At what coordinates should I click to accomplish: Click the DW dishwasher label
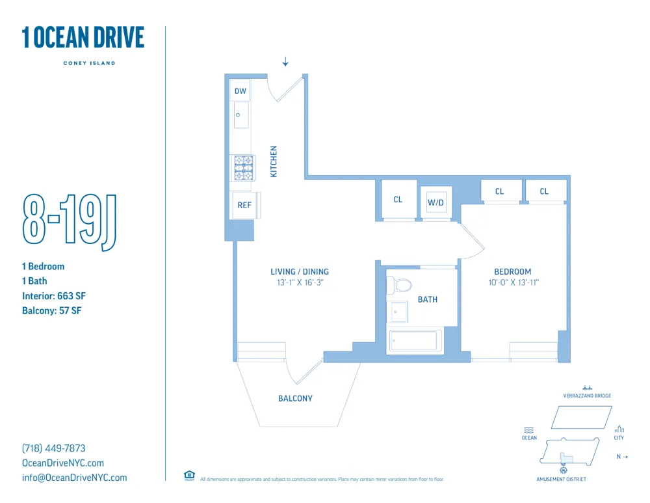click(x=240, y=91)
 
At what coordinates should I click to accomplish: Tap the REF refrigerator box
click(x=244, y=205)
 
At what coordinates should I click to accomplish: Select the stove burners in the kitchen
click(x=243, y=168)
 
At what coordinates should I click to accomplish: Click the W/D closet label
click(x=435, y=203)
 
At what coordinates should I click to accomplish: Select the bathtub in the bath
click(x=415, y=341)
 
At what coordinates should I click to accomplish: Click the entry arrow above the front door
click(x=285, y=62)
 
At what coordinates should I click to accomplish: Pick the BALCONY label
click(x=295, y=398)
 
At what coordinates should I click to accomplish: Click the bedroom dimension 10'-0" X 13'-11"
click(x=513, y=282)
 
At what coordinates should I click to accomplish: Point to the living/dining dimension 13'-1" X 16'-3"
click(x=300, y=282)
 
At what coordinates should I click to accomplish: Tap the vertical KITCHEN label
click(x=274, y=162)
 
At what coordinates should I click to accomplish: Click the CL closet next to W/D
click(x=398, y=200)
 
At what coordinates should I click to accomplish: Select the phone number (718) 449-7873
click(x=54, y=448)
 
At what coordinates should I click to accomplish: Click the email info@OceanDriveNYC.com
click(x=75, y=478)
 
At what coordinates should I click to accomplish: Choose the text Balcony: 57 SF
click(x=52, y=310)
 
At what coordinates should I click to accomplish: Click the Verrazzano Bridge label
click(x=587, y=396)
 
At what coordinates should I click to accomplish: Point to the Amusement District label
click(x=561, y=480)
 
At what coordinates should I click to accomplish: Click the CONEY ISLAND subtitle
click(x=89, y=63)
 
